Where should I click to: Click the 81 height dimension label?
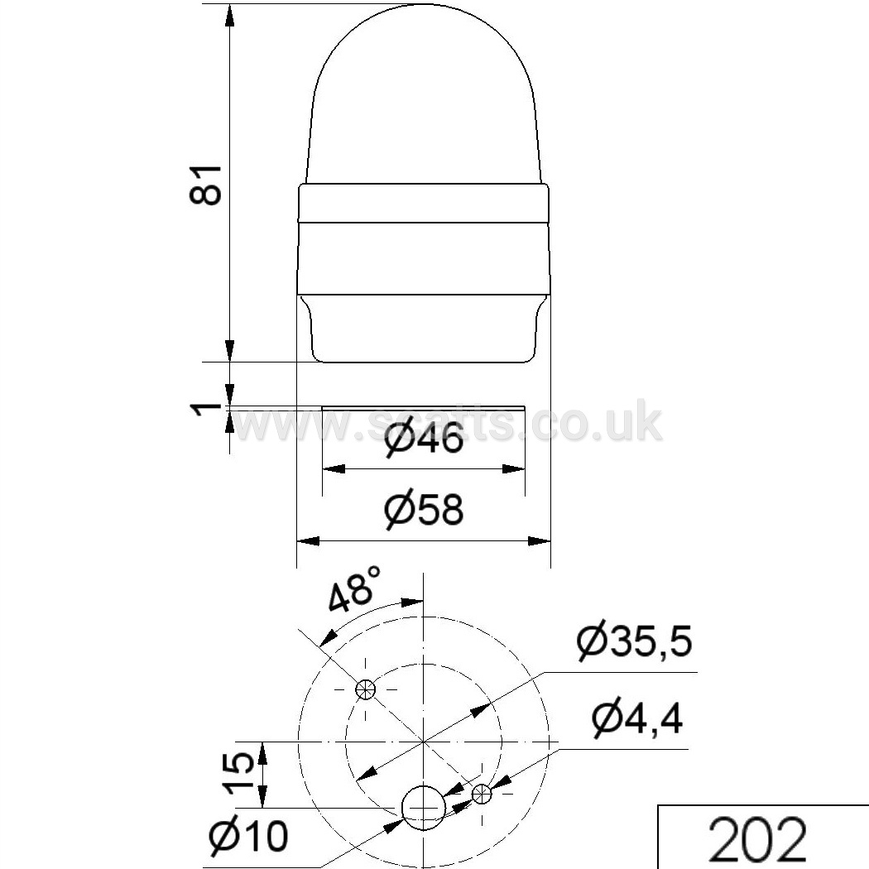206,185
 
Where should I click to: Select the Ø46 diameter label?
424,438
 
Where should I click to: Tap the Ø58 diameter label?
424,509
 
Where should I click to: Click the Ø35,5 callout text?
634,641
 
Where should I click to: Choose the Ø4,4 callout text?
636,719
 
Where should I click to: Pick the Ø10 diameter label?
249,834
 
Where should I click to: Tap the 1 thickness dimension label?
206,410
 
